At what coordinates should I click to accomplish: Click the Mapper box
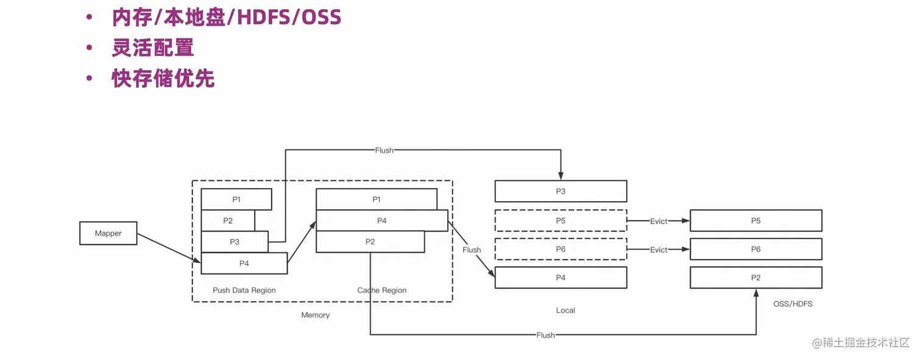pos(108,233)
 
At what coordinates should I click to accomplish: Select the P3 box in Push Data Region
pos(235,242)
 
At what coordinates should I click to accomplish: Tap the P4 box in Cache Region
pos(382,221)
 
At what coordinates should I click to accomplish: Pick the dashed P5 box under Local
pos(560,221)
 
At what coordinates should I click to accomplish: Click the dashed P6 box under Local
pos(560,249)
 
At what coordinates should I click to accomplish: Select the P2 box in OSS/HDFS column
pos(756,278)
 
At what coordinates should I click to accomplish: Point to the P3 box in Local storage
pos(560,191)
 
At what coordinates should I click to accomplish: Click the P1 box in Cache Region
pos(376,199)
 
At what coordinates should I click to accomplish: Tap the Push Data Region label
pos(244,291)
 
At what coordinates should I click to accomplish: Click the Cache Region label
pos(382,291)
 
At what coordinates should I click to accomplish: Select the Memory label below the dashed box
pos(316,315)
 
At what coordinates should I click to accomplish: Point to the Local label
pos(565,310)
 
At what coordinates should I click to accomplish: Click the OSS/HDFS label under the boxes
pos(792,303)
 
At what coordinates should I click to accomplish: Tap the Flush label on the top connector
pos(384,150)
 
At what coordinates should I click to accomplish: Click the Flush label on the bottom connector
pos(546,335)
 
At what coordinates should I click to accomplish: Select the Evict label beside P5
pos(658,221)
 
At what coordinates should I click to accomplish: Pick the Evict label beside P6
pos(658,250)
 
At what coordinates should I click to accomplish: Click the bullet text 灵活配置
pos(153,48)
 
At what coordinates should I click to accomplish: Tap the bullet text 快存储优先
pos(163,79)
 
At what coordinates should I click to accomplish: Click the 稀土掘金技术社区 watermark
pos(866,342)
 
